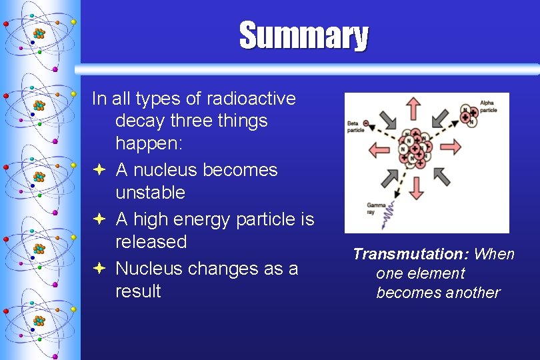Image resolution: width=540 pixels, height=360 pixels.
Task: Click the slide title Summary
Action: point(303,36)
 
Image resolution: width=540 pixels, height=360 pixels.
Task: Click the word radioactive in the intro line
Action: point(251,99)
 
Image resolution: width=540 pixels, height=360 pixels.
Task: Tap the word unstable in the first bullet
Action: point(150,193)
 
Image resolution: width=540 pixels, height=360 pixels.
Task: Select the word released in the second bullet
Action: point(151,241)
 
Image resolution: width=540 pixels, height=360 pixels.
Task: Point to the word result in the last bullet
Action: point(138,291)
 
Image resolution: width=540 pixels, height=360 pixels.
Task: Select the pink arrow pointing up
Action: point(414,109)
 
